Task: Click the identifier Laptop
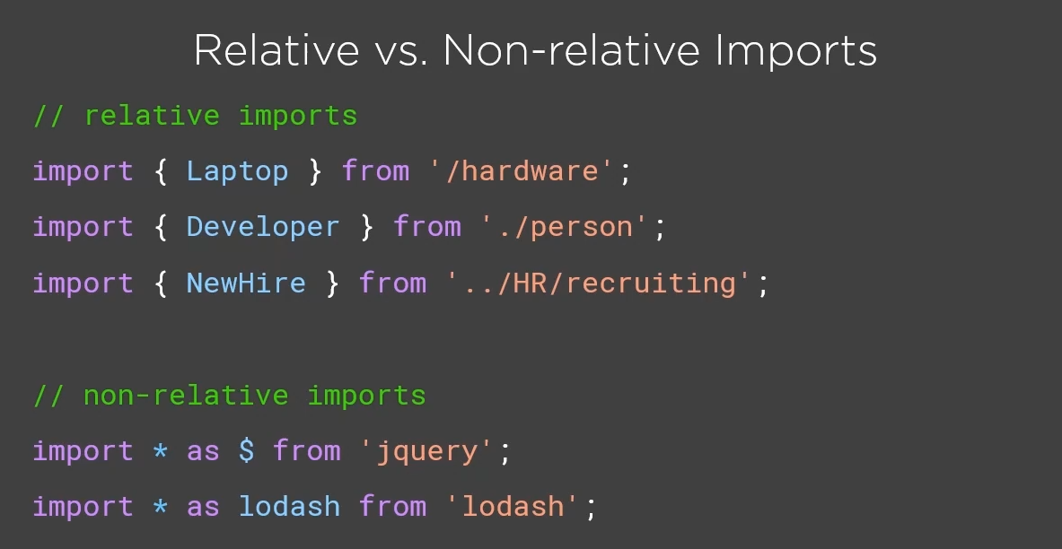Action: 237,171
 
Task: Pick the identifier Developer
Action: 263,227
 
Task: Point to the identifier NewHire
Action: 246,283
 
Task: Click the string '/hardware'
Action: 522,171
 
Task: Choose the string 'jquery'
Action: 426,450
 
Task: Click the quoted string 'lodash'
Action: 513,506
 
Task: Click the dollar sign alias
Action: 246,450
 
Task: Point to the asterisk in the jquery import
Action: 160,450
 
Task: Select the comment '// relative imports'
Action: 195,116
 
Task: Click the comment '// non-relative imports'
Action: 229,396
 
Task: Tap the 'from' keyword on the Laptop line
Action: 375,171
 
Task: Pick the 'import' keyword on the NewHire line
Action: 83,283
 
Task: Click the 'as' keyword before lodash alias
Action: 203,506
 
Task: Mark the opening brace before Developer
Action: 161,227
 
